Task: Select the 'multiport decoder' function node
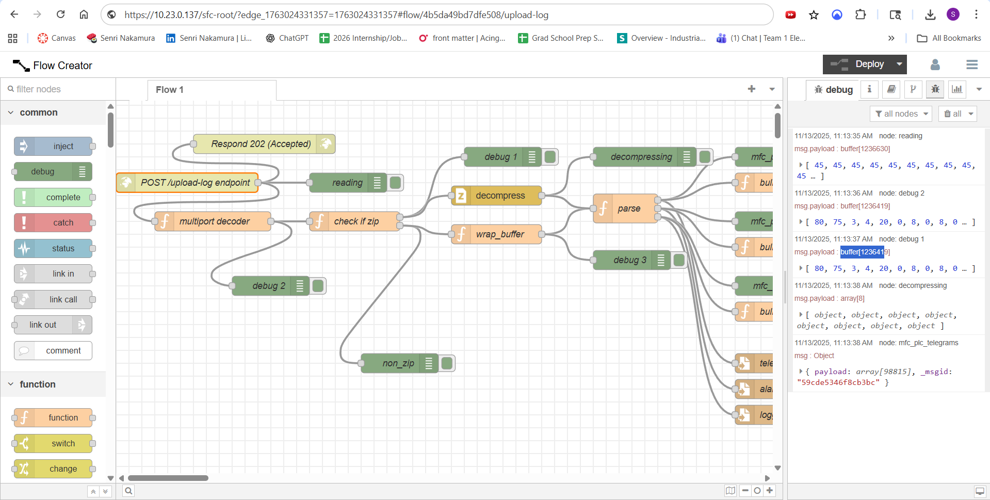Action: coord(214,221)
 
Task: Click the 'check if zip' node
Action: coord(356,221)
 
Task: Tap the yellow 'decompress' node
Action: coord(499,196)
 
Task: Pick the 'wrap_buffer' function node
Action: coord(499,234)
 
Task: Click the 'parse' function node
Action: coord(628,208)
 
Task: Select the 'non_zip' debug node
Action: coord(398,363)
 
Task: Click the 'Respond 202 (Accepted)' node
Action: coord(261,144)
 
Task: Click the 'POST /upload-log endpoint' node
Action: coord(195,183)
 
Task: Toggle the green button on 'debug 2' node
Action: coord(318,286)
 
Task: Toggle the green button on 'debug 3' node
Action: coord(679,260)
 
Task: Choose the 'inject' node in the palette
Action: coord(63,147)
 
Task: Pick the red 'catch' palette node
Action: coord(63,223)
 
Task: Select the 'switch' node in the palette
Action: coord(63,444)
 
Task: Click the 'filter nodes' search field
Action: coord(59,89)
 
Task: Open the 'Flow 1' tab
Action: coord(170,90)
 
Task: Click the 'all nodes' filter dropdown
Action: coord(901,114)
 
